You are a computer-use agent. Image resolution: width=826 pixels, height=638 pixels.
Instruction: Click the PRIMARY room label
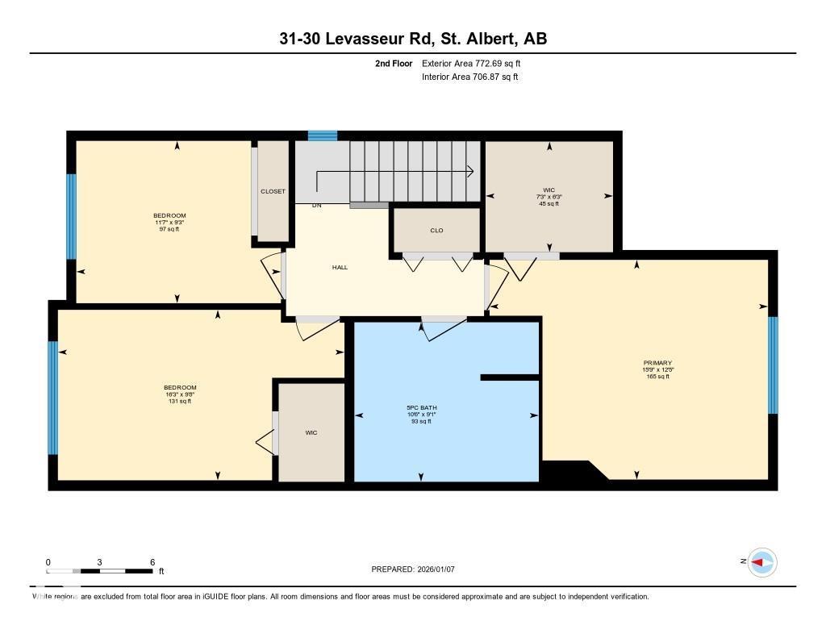pos(658,363)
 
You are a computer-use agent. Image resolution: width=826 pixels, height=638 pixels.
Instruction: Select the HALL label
pos(340,267)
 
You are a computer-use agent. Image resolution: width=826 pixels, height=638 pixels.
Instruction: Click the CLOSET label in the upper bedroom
pos(273,191)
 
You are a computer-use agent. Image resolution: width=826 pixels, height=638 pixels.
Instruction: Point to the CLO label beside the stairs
pos(436,231)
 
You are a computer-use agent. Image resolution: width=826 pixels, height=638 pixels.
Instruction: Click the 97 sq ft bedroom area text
pos(169,230)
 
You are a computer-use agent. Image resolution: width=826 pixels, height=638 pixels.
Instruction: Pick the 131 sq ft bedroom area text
pos(179,401)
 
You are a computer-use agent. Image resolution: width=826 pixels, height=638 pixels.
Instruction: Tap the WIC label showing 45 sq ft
pos(549,190)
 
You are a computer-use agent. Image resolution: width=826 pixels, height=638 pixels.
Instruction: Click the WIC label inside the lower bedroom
pos(311,433)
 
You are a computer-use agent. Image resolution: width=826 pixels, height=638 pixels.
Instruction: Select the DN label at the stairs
pos(317,206)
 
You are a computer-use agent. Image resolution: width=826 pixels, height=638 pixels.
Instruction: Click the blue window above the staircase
pos(323,136)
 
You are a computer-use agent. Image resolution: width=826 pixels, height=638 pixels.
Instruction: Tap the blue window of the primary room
pos(772,365)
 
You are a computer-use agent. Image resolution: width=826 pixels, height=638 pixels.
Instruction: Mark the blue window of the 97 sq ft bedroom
pos(71,215)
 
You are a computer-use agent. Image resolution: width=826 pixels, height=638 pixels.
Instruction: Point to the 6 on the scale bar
pos(152,562)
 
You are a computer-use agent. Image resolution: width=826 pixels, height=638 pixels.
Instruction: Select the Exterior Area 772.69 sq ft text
pos(477,63)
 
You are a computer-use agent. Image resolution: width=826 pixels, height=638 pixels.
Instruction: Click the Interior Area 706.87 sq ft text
pos(469,77)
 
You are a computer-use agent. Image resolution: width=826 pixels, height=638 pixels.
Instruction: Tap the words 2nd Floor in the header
pos(394,63)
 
